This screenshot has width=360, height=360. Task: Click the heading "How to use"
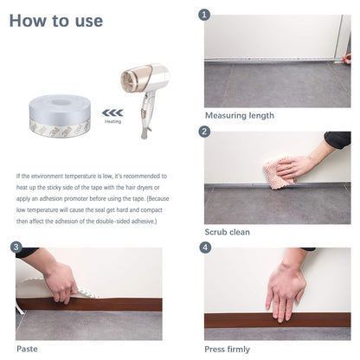coord(55,21)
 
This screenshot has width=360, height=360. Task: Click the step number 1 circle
coord(205,15)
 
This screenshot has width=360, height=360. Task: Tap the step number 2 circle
coord(205,132)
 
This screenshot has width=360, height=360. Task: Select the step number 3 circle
coord(16,247)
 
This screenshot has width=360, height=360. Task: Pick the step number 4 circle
coord(205,247)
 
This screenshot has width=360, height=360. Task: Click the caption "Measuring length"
coord(240,115)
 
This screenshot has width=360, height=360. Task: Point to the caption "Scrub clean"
coord(228,232)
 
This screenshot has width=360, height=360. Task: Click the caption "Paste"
coord(27,349)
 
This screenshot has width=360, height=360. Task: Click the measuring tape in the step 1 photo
coord(277,61)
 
